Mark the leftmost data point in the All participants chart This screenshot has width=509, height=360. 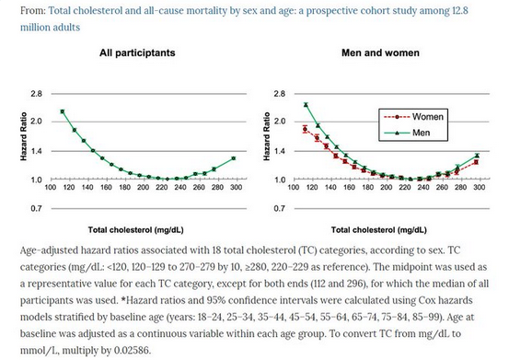(x=62, y=111)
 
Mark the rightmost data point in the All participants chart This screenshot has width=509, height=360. (x=234, y=158)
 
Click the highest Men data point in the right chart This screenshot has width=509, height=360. (x=305, y=104)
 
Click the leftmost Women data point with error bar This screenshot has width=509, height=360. (x=305, y=129)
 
